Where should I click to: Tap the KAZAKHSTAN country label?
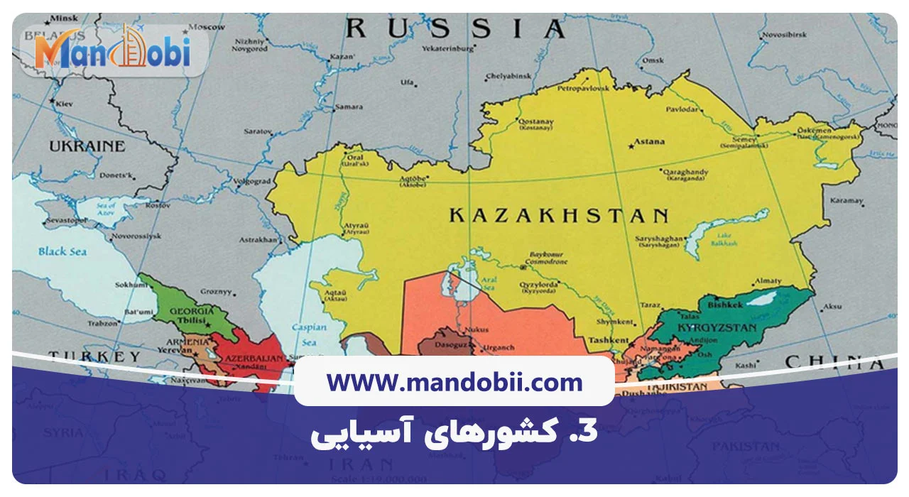pyautogui.click(x=558, y=216)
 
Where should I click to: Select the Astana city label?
pyautogui.click(x=649, y=142)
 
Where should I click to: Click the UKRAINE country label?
pyautogui.click(x=87, y=146)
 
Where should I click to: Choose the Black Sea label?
pyautogui.click(x=62, y=251)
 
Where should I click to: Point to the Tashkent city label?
pyautogui.click(x=609, y=340)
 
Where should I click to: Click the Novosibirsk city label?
pyautogui.click(x=785, y=34)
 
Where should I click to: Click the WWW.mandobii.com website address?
pyautogui.click(x=454, y=383)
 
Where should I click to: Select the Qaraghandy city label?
pyautogui.click(x=685, y=172)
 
